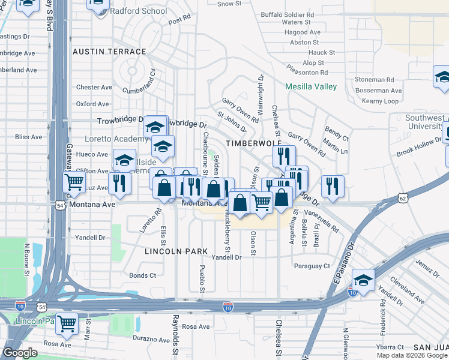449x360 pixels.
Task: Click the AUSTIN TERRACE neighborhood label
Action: coord(109,52)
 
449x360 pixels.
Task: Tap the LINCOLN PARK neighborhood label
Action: coord(176,252)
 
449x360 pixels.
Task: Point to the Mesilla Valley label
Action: coord(311,86)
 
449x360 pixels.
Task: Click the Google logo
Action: coord(20,353)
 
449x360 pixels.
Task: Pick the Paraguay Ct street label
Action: coord(312,266)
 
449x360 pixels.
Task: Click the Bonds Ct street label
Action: coord(142,275)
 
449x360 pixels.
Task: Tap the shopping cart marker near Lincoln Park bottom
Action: coord(67,323)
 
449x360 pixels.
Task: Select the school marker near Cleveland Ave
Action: coord(363,279)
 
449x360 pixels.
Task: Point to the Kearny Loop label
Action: coord(381,101)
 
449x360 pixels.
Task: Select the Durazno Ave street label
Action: coord(148,338)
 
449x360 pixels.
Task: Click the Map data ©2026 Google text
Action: coord(412,355)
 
